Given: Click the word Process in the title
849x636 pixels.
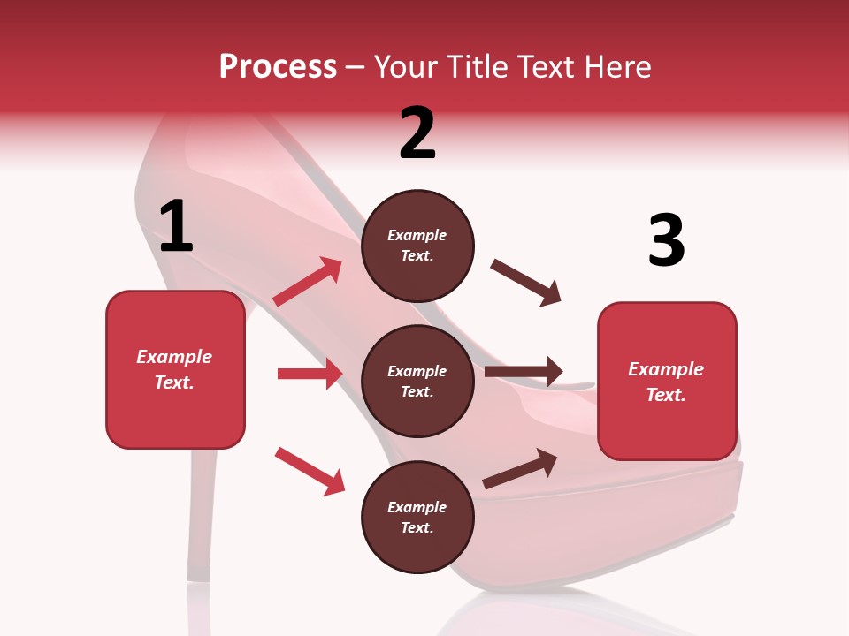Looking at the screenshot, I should [x=278, y=66].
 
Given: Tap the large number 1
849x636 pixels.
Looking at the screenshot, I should [x=176, y=227].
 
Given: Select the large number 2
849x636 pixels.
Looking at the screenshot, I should [x=417, y=133].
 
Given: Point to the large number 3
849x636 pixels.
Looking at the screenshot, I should [x=666, y=241].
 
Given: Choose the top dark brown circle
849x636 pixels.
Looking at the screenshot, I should [x=417, y=246].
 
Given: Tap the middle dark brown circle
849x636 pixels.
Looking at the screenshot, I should [x=417, y=381].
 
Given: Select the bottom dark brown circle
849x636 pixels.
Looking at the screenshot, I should [x=417, y=517].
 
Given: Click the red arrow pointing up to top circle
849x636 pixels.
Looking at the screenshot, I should [x=309, y=282].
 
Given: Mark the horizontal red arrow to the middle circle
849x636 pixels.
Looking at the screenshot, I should [x=310, y=374].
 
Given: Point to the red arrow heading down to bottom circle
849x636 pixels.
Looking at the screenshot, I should [x=310, y=471].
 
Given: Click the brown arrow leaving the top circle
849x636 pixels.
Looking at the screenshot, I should [x=526, y=283].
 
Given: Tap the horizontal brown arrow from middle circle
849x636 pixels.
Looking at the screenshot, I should [x=524, y=372].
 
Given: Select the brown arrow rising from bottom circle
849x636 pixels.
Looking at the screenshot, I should [x=521, y=469].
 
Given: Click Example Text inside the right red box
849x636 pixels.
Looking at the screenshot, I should [x=666, y=382].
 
